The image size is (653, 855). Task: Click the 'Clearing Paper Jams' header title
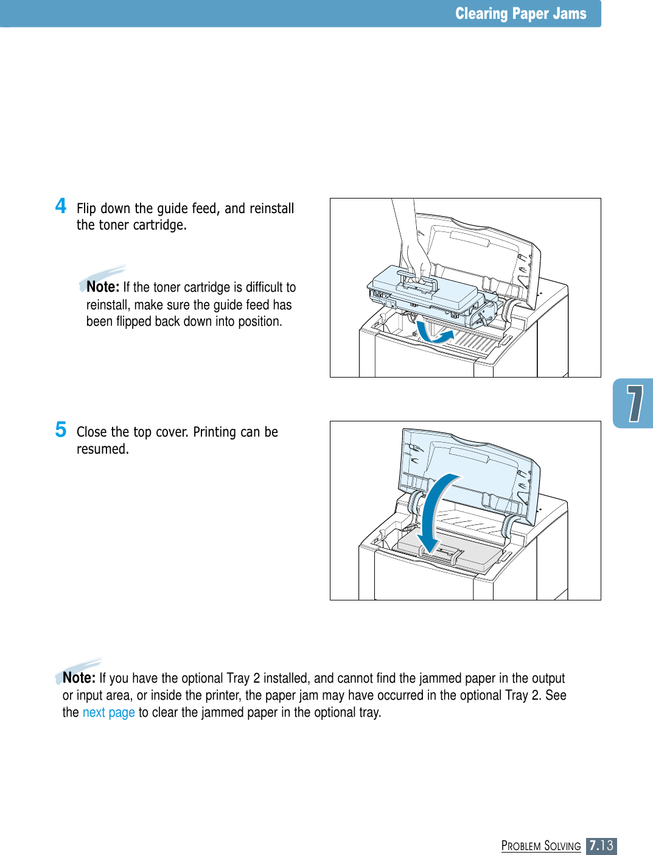[x=520, y=14]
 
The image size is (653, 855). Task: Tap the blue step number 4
[x=61, y=206]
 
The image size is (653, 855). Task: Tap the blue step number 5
[x=61, y=429]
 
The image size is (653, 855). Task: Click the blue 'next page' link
[x=108, y=712]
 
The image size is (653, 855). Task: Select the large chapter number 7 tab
[x=634, y=403]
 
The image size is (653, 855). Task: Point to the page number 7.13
[x=601, y=845]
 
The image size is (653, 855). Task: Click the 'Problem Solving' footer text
[x=541, y=846]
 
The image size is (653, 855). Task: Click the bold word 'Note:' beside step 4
[x=103, y=287]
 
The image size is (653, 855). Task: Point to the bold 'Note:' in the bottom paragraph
[x=79, y=678]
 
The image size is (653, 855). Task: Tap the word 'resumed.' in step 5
[x=102, y=449]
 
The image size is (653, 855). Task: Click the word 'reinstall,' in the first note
[x=108, y=304]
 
